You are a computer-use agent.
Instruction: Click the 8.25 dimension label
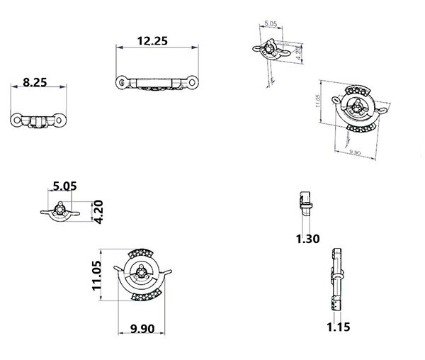(x=35, y=82)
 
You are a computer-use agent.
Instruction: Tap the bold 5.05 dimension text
(x=64, y=186)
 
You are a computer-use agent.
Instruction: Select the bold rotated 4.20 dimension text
(x=98, y=212)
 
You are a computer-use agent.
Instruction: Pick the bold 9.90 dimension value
(x=142, y=328)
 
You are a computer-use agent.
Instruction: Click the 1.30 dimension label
(x=308, y=239)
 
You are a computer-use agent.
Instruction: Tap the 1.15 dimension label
(x=338, y=327)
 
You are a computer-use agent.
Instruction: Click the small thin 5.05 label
(x=270, y=24)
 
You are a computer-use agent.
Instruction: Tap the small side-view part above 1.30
(x=305, y=201)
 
